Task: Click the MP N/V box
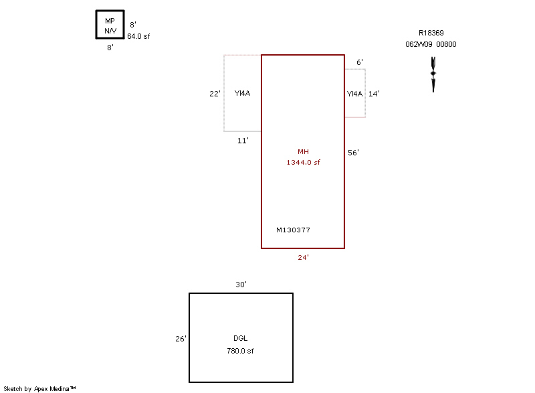tap(110, 26)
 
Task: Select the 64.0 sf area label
tap(138, 36)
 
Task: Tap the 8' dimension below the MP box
tap(110, 48)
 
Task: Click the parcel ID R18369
tap(431, 33)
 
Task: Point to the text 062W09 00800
tap(431, 44)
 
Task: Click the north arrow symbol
tap(433, 73)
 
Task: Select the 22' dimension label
tap(215, 94)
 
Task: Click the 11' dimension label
tap(243, 141)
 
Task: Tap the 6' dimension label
tap(360, 62)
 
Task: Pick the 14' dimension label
tap(374, 94)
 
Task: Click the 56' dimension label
tap(354, 153)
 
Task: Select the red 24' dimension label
tap(303, 257)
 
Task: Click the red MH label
tap(303, 152)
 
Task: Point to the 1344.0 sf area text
tap(303, 163)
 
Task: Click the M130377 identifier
tap(293, 230)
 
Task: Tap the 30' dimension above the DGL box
tap(241, 285)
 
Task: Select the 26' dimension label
tap(181, 339)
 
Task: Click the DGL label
tap(241, 339)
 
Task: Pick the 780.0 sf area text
tap(241, 350)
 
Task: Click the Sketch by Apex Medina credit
tap(39, 388)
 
